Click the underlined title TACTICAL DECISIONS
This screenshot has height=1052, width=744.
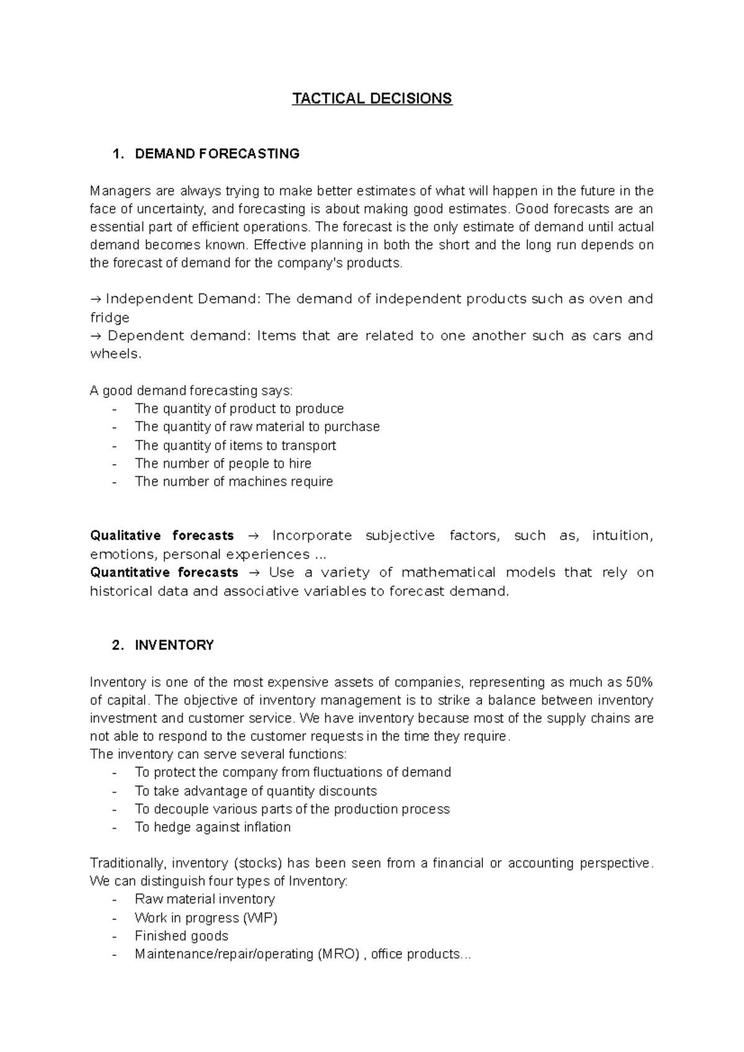(x=372, y=99)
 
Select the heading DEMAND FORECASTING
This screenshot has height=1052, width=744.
(x=217, y=154)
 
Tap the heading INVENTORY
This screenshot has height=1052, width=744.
(x=174, y=645)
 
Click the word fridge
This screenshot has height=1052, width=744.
(x=110, y=318)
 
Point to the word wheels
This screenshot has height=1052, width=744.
(x=115, y=354)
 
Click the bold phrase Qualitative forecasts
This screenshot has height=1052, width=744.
(x=162, y=535)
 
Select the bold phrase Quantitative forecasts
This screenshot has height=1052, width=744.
(x=164, y=572)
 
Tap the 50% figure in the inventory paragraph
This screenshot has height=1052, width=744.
(x=639, y=682)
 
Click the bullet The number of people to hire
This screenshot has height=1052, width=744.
(x=223, y=463)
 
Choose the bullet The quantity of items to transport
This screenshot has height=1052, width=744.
(x=235, y=445)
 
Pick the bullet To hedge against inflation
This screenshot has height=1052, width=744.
(x=213, y=827)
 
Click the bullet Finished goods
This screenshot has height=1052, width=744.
(x=182, y=936)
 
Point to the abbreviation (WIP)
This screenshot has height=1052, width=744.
(x=260, y=918)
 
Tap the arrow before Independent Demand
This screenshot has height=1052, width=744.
(x=95, y=299)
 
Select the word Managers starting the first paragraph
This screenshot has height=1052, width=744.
(x=116, y=190)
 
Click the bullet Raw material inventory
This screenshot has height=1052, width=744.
(x=205, y=899)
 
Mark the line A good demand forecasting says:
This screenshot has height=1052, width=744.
(x=191, y=390)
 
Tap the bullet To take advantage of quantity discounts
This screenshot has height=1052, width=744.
(x=255, y=791)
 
